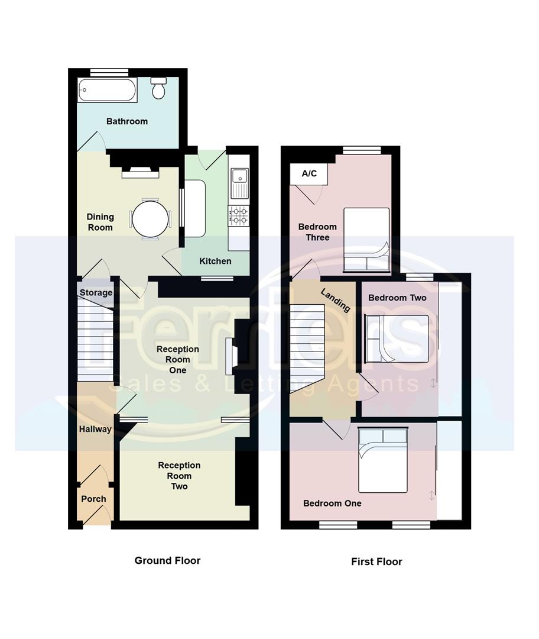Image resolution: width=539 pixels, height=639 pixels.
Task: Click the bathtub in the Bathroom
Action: [107, 90]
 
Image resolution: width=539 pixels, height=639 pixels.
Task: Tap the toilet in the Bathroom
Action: [158, 88]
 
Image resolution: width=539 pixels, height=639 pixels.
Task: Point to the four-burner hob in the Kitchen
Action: [238, 215]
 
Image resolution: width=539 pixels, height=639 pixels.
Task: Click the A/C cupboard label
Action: [309, 173]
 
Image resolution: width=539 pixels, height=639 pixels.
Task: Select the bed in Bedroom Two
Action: [397, 338]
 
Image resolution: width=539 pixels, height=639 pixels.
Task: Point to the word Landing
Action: [335, 300]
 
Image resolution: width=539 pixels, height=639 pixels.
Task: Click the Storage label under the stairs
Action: [96, 293]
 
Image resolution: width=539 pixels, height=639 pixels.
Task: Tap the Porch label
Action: [93, 499]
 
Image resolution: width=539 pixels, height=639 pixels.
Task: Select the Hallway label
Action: [95, 429]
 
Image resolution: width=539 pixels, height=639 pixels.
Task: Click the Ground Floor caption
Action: [167, 560]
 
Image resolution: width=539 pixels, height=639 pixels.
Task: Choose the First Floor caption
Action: [376, 561]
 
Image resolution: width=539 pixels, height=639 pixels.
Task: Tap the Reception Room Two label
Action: [179, 476]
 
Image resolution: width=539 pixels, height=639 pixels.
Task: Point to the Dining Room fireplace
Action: [140, 172]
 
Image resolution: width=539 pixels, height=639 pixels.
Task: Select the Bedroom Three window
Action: [362, 150]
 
